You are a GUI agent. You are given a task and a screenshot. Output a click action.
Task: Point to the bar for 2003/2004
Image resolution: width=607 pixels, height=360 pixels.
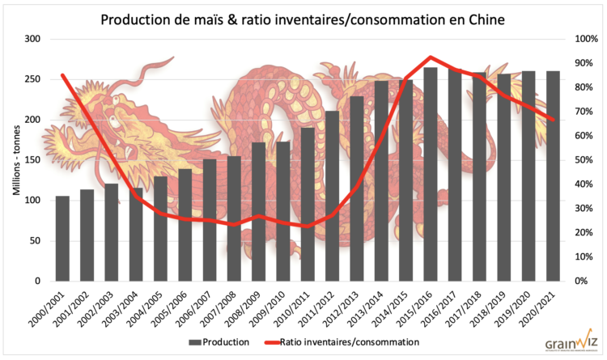pyautogui.click(x=136, y=235)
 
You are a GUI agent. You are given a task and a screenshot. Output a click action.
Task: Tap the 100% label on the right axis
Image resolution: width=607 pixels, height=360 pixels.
pyautogui.click(x=584, y=39)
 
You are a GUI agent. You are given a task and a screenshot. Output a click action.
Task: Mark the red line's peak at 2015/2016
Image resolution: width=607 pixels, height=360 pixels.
pyautogui.click(x=431, y=57)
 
